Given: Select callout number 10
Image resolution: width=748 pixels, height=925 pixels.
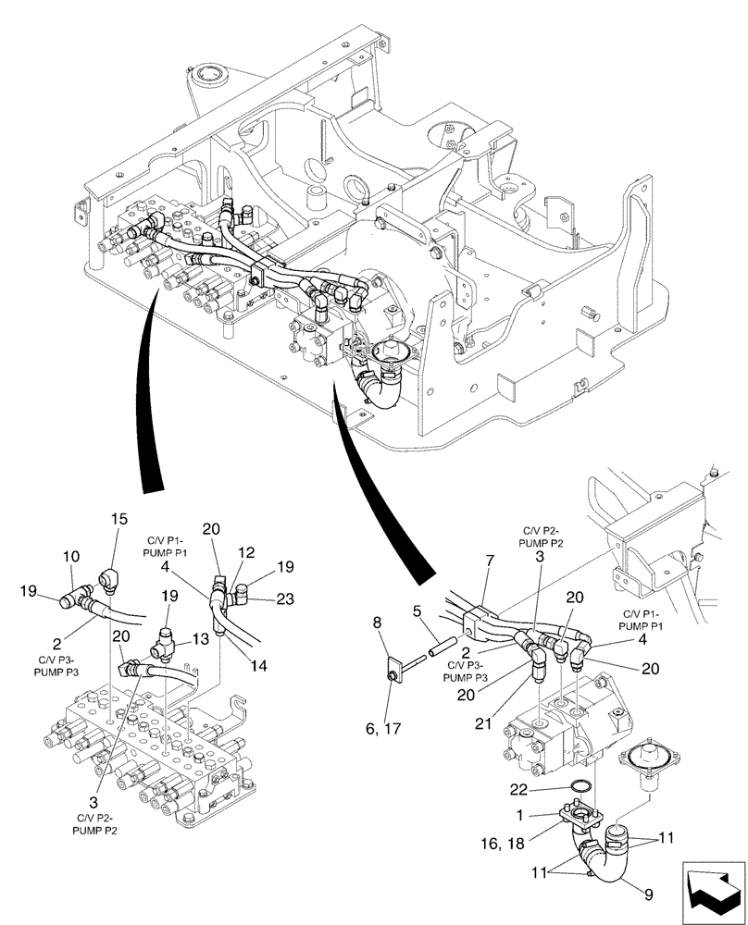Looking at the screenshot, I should click(71, 560).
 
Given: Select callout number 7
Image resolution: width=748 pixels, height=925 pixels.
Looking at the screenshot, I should click(489, 561).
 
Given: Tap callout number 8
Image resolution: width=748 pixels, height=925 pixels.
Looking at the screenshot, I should click(379, 624).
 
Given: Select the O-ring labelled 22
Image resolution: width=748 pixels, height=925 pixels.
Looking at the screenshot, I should click(580, 786).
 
